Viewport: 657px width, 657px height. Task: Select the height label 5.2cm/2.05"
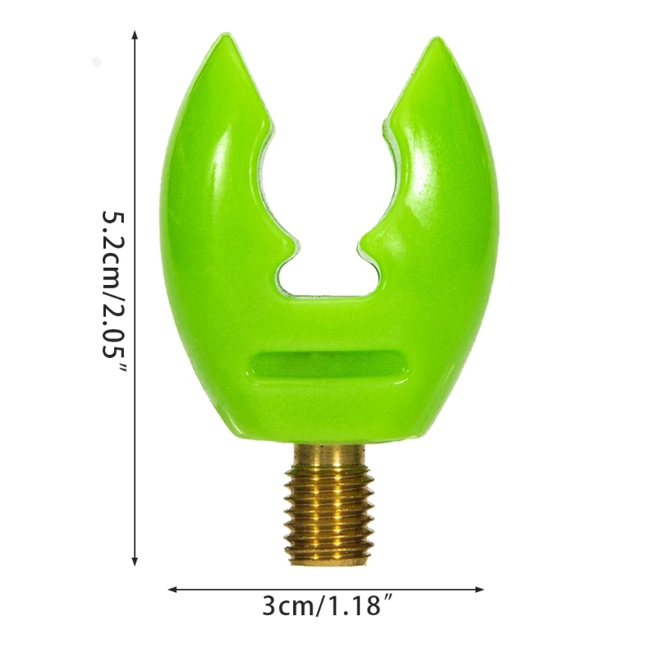coord(115,292)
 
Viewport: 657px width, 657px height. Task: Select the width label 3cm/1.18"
coord(322,607)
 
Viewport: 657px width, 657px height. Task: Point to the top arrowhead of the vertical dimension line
coord(135,35)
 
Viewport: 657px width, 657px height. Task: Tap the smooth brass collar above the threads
coord(328,454)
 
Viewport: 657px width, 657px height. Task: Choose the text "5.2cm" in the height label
coord(115,242)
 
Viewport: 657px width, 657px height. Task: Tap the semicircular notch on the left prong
coord(275,177)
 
